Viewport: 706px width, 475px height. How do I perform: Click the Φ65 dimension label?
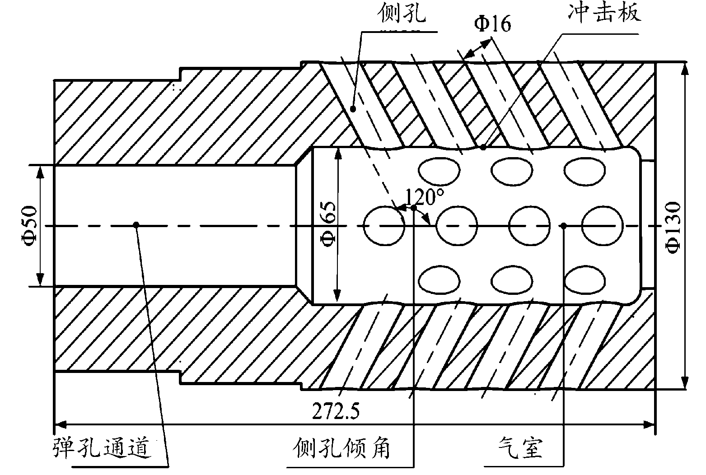328,226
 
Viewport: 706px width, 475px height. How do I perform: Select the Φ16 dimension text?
492,24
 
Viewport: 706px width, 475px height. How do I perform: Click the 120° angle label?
424,197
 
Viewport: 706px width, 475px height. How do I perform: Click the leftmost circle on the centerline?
383,225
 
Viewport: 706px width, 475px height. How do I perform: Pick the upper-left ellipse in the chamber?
439,171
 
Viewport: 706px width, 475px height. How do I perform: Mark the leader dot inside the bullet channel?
136,224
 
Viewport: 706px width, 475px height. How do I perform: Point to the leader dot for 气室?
563,225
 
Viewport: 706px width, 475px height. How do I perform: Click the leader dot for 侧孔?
353,108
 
